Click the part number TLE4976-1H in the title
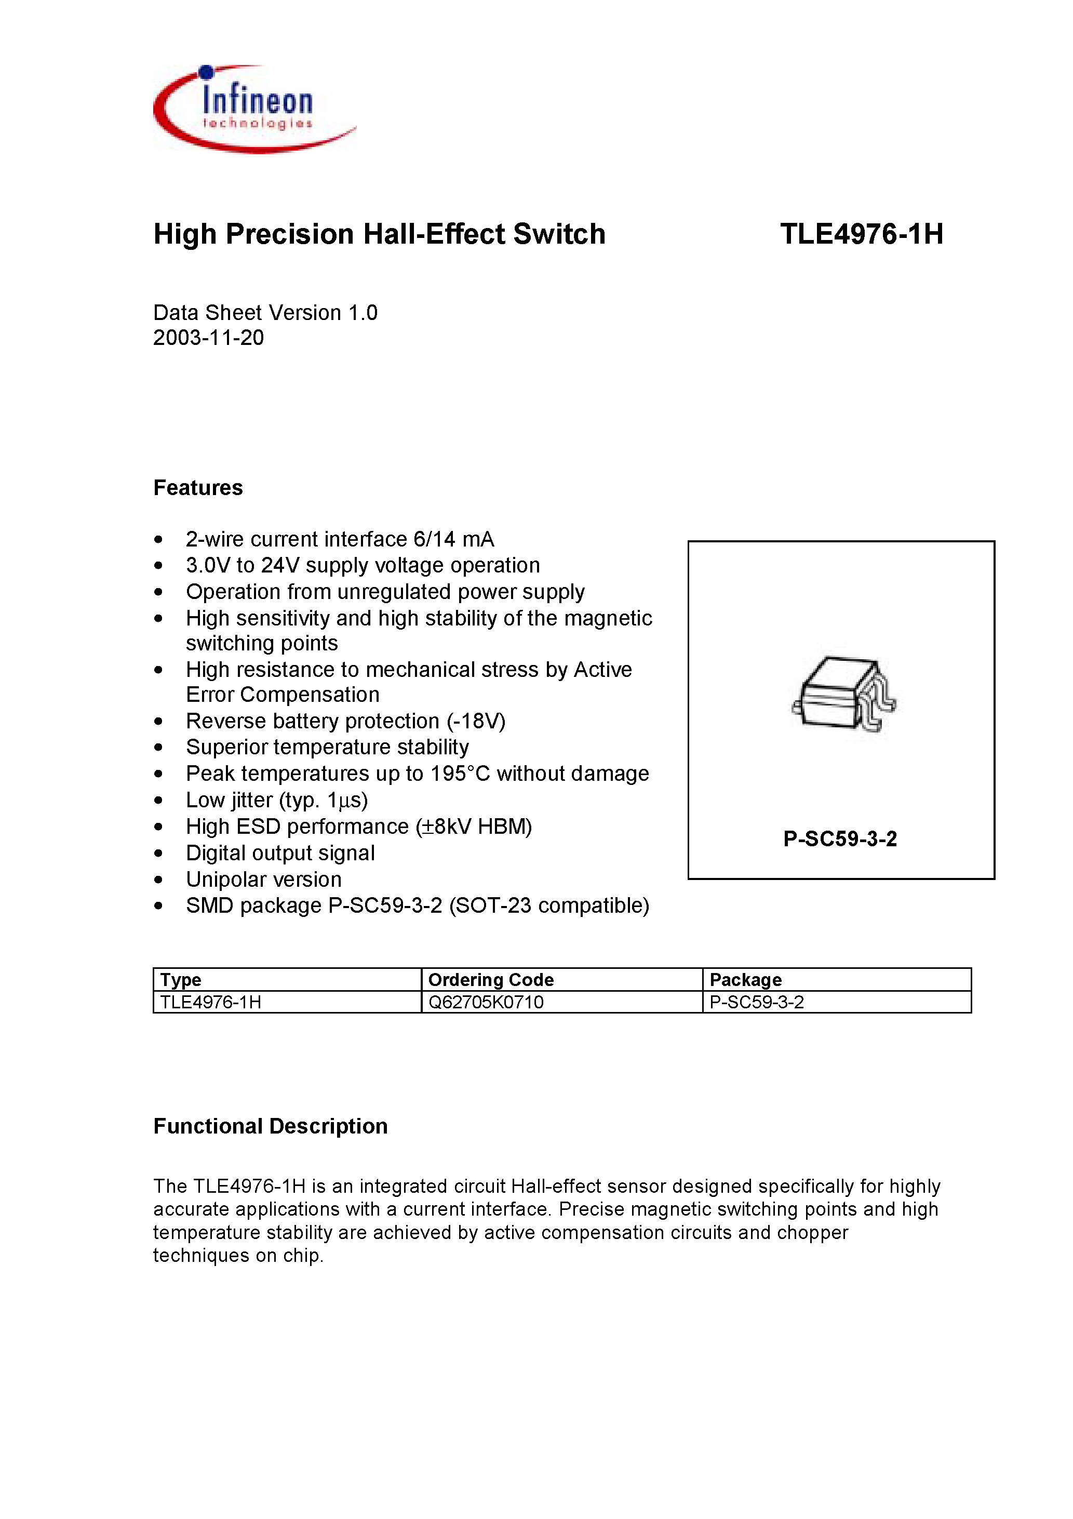(861, 234)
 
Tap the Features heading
(198, 488)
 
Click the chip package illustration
(843, 695)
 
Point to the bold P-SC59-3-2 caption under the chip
(839, 839)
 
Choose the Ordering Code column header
(490, 979)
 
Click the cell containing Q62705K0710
(486, 1002)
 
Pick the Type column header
(181, 979)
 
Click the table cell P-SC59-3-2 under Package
(756, 1002)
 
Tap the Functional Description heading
(270, 1126)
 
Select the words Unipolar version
(263, 880)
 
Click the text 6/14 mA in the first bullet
(453, 539)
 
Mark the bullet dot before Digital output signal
(158, 854)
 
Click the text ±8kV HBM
(474, 827)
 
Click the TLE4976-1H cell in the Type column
(210, 1002)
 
